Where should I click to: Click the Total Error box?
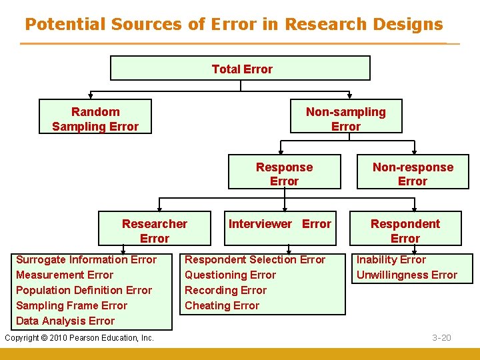241,69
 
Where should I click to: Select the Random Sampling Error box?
95,119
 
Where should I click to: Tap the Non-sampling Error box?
345,119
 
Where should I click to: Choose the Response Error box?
284,174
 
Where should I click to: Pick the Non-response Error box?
413,174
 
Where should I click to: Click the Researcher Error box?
155,231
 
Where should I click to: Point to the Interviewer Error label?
280,224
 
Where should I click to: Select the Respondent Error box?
405,231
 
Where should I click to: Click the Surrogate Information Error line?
86,260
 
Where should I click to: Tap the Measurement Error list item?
65,275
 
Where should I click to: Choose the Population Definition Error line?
84,291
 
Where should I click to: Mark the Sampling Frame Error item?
71,306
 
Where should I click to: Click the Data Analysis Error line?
65,321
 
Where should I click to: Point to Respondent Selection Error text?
255,260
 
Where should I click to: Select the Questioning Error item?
230,275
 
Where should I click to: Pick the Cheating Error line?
222,306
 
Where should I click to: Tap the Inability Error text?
391,260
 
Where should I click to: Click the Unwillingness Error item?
407,275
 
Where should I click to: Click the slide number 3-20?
441,338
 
